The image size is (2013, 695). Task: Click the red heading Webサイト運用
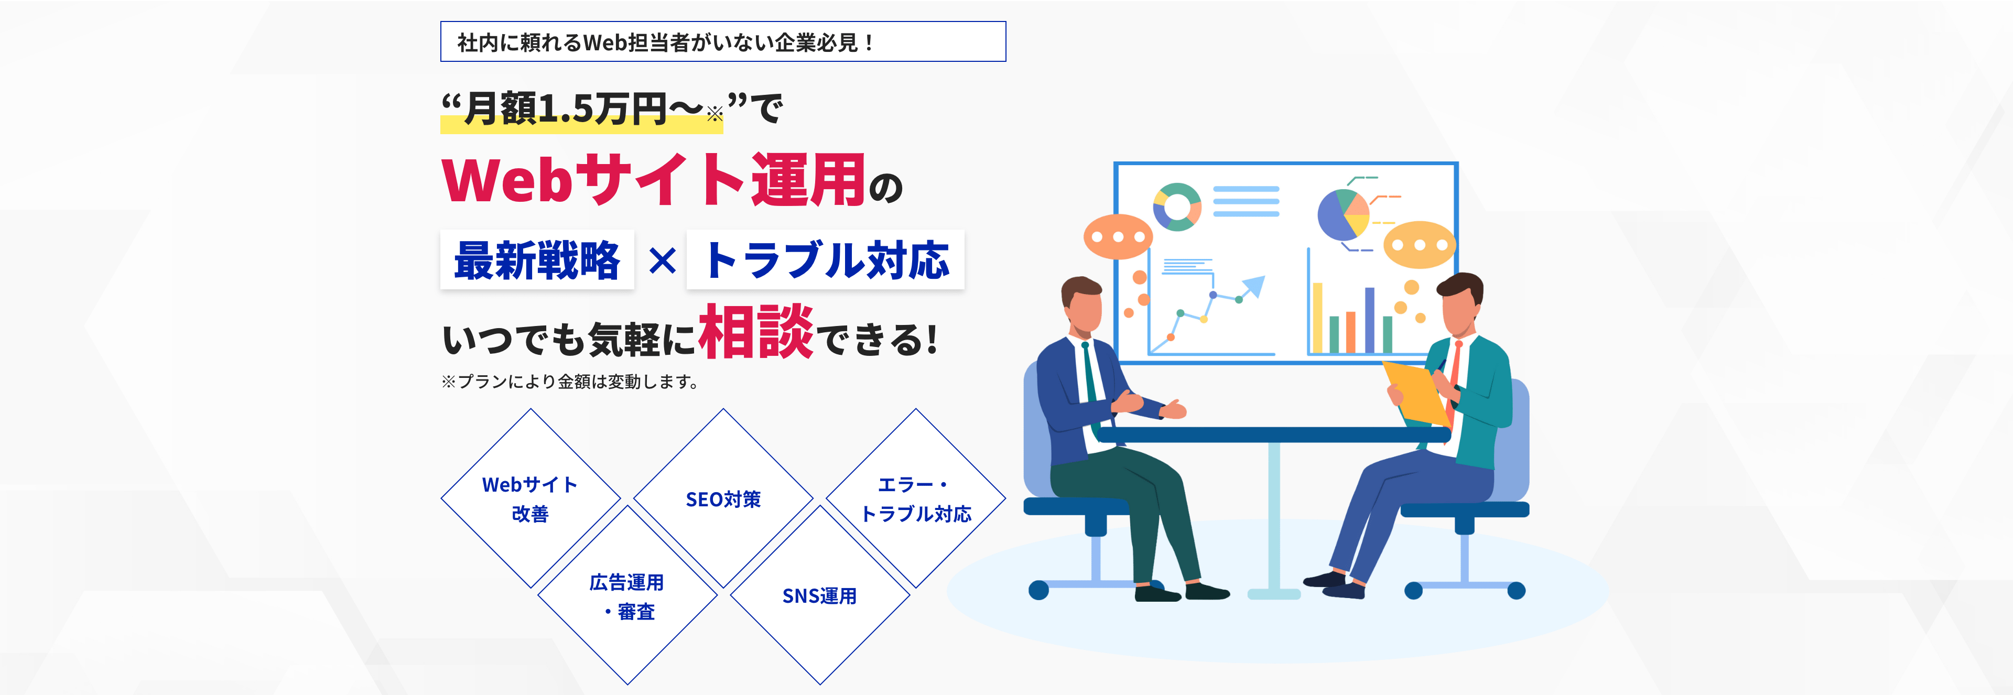pyautogui.click(x=653, y=180)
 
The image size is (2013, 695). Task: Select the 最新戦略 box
pyautogui.click(x=537, y=260)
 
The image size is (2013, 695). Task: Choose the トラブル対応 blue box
pyautogui.click(x=825, y=260)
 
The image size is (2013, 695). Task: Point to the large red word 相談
pyautogui.click(x=755, y=332)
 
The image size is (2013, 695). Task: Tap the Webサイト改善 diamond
pyautogui.click(x=531, y=498)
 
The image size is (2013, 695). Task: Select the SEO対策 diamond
pyautogui.click(x=723, y=498)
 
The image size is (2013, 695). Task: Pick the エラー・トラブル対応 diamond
pyautogui.click(x=916, y=498)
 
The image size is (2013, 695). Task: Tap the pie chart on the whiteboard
pyautogui.click(x=1343, y=215)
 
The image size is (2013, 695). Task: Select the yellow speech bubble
pyautogui.click(x=1419, y=244)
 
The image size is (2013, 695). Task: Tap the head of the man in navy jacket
pyautogui.click(x=1083, y=305)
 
